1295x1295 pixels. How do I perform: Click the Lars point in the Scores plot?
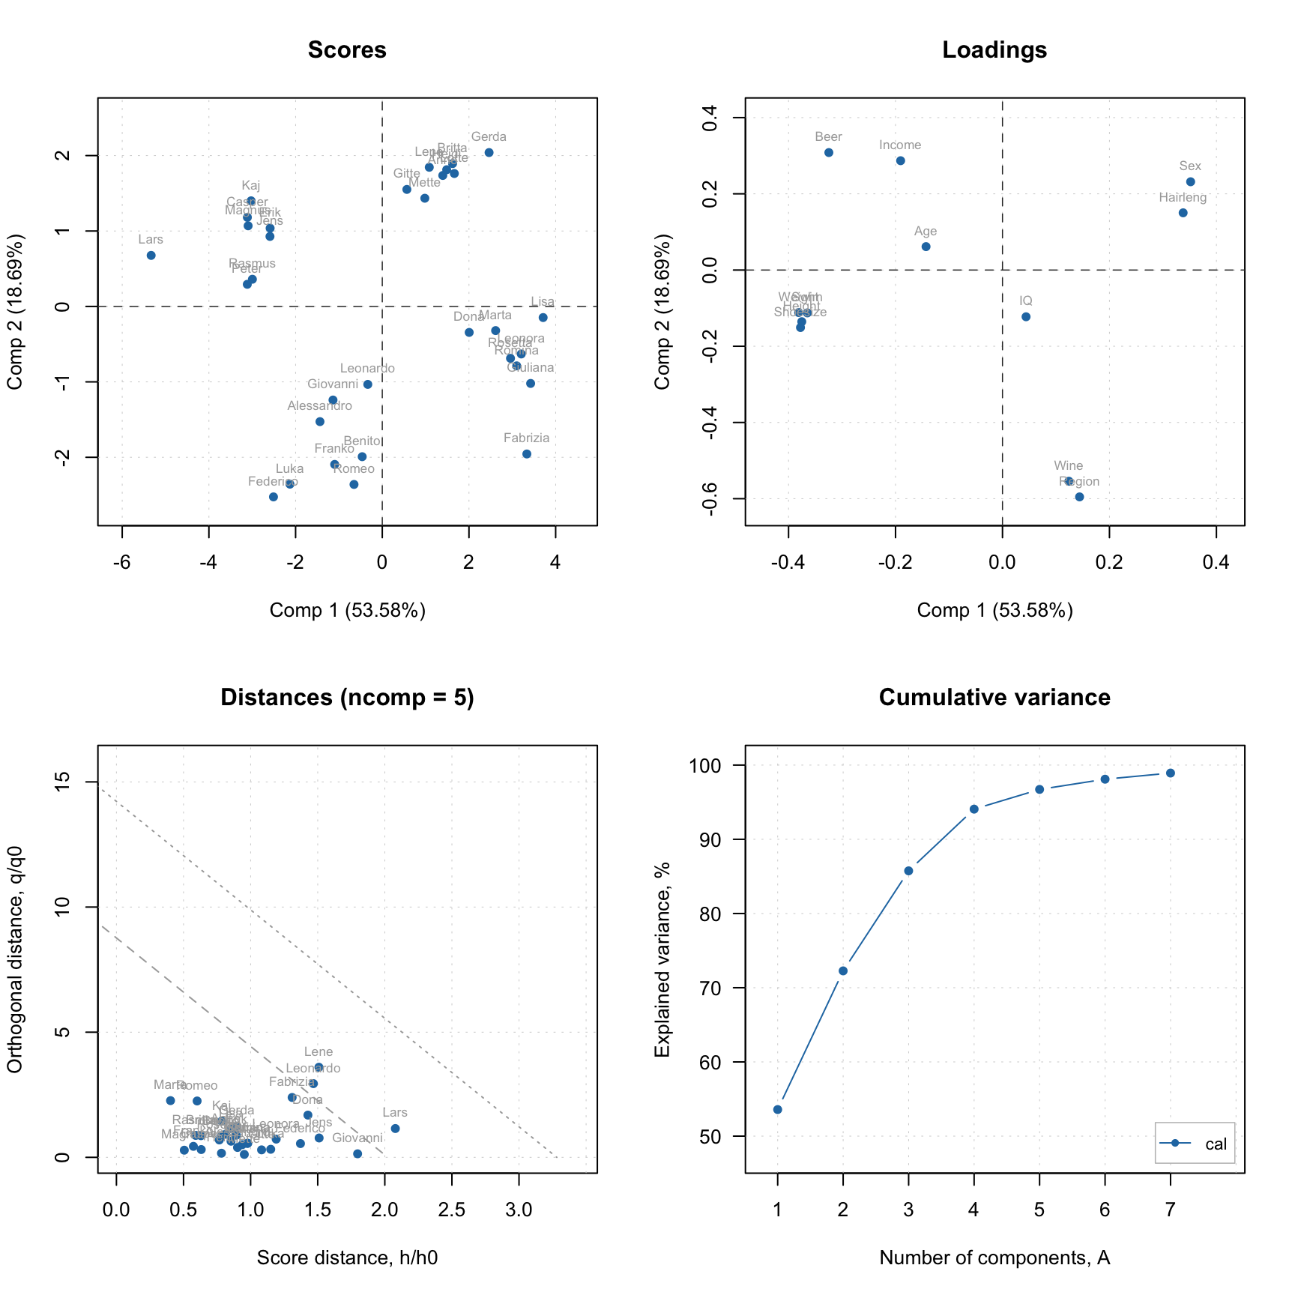tap(151, 256)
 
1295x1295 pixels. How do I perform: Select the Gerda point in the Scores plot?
tap(489, 153)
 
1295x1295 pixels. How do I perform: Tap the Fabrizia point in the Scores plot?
tap(527, 454)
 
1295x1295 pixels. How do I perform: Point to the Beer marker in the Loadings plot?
tap(829, 153)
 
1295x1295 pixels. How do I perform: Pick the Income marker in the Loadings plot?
tap(901, 161)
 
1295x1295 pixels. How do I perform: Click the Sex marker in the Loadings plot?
tap(1190, 182)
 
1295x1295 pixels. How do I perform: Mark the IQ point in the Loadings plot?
tap(1026, 317)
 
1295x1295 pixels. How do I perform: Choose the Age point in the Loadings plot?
tap(926, 247)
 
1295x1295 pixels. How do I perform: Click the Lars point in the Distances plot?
tap(395, 1129)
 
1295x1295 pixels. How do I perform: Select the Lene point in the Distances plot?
tap(319, 1067)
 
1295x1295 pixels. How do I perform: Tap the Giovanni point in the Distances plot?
tap(357, 1154)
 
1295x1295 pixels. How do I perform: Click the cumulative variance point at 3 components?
tap(908, 871)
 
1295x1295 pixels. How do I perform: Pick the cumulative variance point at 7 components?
tap(1170, 773)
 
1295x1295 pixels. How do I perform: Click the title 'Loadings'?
tap(994, 50)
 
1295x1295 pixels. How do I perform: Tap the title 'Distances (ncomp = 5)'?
tap(347, 698)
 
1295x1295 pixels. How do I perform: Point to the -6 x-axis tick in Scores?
tap(122, 563)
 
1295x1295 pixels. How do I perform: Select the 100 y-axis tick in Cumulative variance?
tap(707, 766)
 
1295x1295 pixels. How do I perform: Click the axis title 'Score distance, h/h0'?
tap(347, 1258)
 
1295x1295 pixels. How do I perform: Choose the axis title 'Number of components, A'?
tap(994, 1258)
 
